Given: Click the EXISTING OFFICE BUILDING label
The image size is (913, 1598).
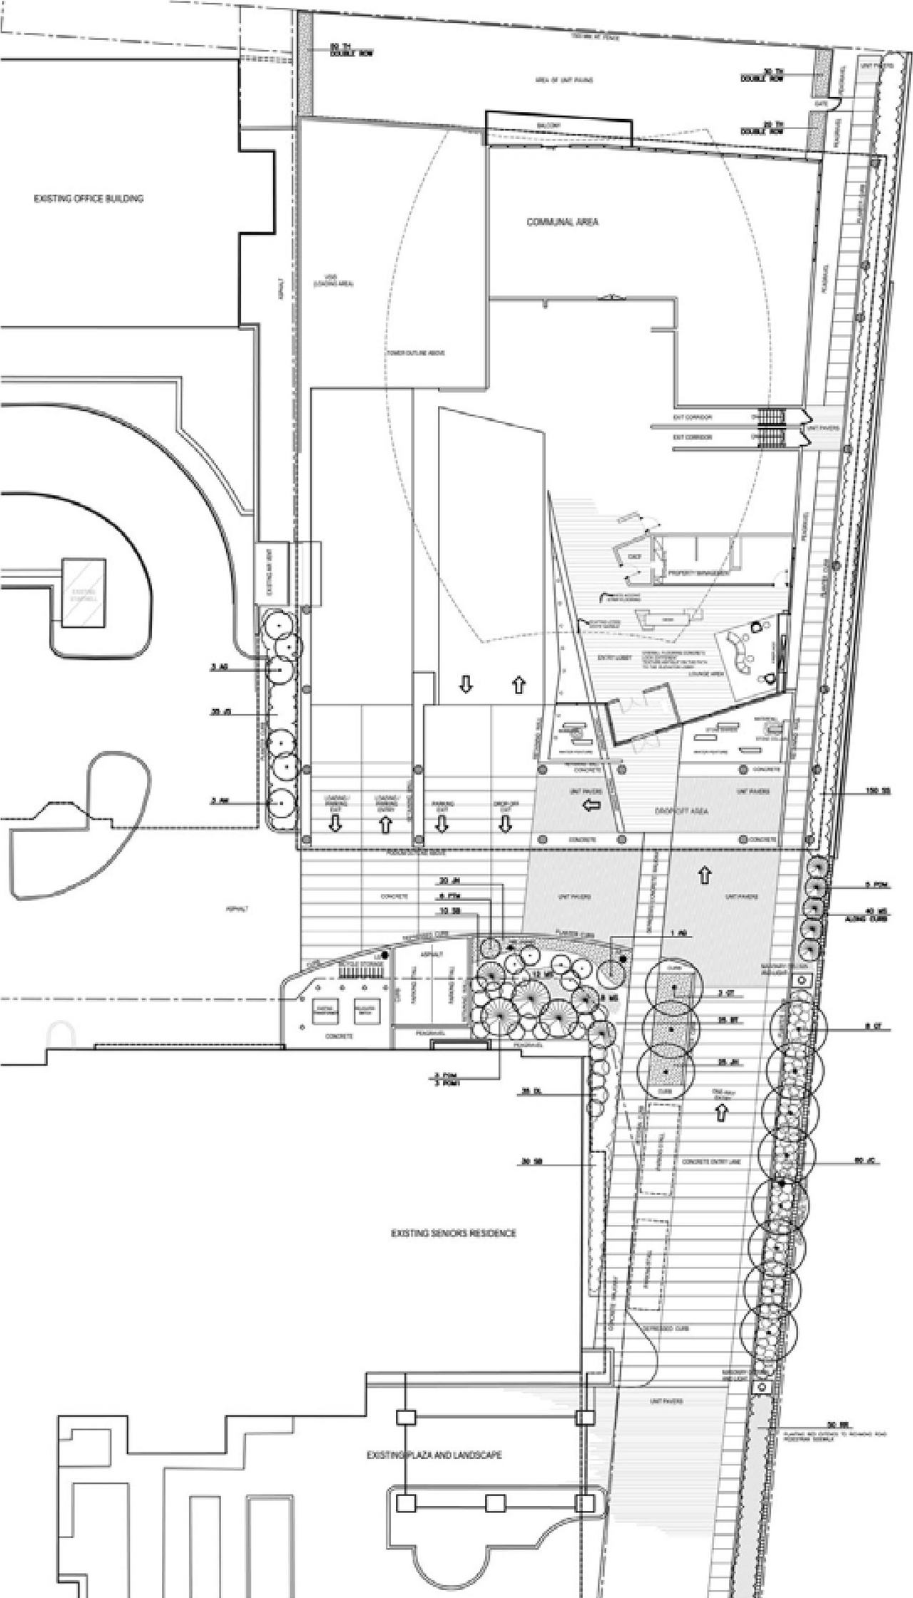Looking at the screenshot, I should pos(88,198).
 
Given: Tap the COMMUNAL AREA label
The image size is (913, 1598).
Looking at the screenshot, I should pos(562,222).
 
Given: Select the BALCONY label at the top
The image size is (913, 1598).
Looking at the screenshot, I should pos(550,126).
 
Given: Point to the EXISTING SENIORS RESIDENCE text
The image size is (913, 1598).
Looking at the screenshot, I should pos(453,1233).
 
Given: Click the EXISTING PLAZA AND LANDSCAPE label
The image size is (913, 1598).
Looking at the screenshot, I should pos(434,1455).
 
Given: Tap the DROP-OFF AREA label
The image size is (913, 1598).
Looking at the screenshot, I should pos(681,811).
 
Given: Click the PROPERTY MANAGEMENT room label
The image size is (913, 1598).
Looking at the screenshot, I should pos(698,573).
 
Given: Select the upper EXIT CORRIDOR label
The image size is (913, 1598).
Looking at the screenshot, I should pos(692,417).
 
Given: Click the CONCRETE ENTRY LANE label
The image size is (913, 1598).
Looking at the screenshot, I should pos(711,1162).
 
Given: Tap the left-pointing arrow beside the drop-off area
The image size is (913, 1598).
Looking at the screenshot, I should pos(591,806).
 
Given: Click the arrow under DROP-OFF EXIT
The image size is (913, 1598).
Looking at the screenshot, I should pos(505,825).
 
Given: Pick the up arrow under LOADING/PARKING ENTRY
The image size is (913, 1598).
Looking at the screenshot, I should pos(385,825).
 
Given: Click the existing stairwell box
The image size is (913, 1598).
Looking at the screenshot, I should pos(83,594).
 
